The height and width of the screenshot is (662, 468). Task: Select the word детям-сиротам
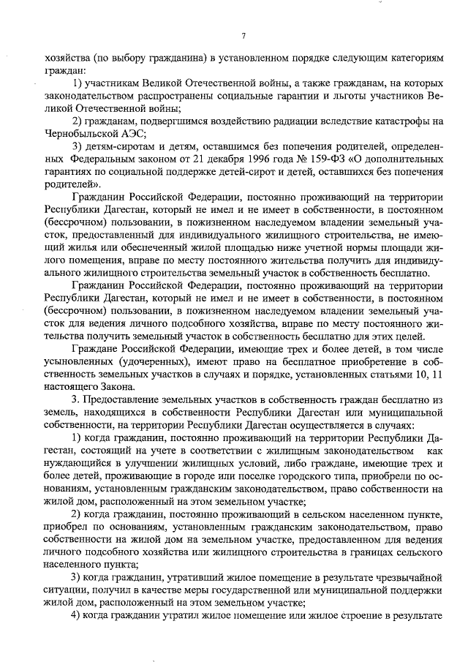(x=113, y=146)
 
